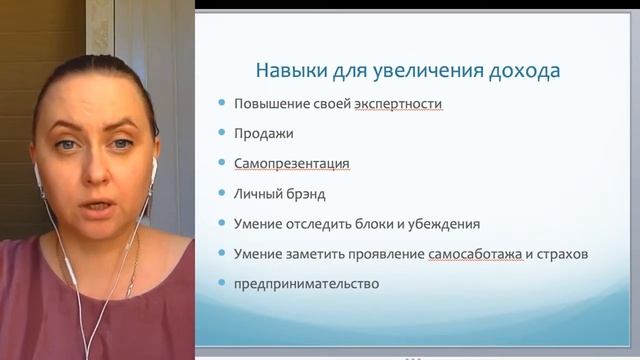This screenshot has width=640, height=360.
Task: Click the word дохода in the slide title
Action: tap(523, 71)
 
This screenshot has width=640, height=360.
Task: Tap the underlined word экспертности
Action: tap(398, 104)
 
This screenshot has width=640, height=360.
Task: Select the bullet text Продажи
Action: tap(263, 133)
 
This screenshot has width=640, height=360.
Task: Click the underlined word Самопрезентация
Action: tap(291, 163)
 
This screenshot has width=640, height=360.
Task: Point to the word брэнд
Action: tap(303, 193)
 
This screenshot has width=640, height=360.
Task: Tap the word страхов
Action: tap(560, 254)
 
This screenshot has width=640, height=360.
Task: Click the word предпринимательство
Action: tap(306, 283)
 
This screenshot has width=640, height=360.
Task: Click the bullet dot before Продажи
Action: tap(221, 134)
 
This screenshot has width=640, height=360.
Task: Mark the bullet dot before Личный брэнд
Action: tap(221, 194)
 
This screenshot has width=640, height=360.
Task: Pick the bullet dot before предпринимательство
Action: tap(221, 284)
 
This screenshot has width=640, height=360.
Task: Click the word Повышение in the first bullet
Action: tap(270, 104)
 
